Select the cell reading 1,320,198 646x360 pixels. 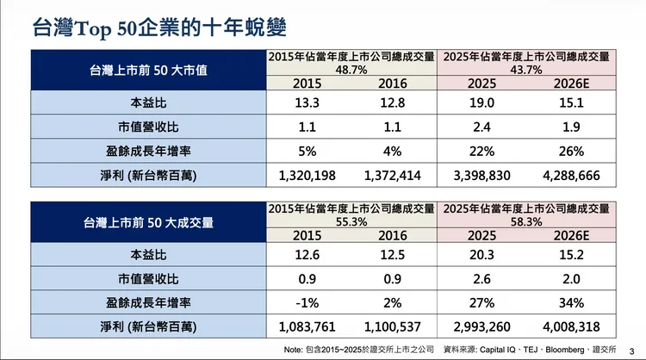pos(307,176)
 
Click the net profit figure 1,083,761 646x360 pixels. pos(307,327)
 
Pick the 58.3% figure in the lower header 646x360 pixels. pos(528,221)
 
